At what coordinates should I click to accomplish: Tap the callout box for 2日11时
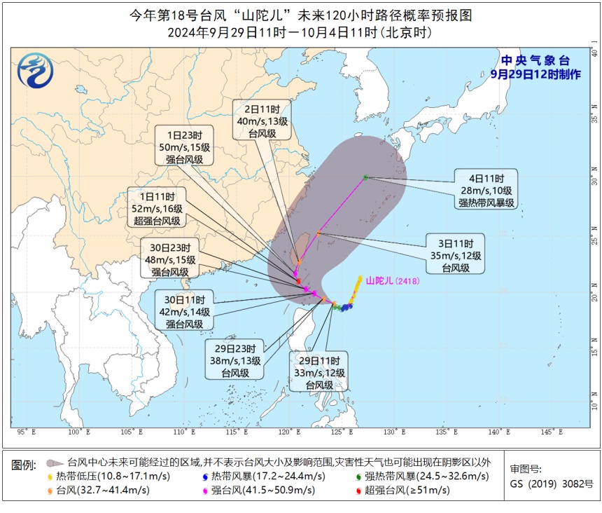(x=261, y=121)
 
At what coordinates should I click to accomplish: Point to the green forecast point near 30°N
(x=365, y=177)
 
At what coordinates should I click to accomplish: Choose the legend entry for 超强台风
(x=407, y=490)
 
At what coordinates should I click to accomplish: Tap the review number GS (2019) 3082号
(x=551, y=484)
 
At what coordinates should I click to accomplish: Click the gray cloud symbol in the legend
(x=52, y=463)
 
